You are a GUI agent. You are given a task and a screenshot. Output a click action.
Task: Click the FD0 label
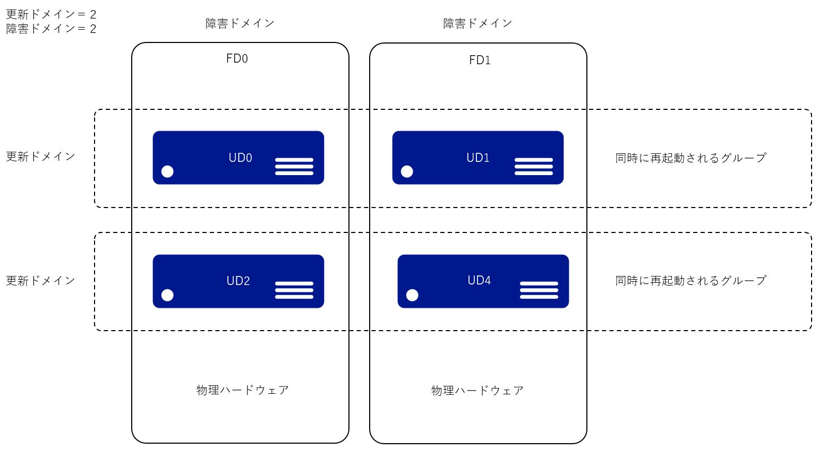pyautogui.click(x=237, y=58)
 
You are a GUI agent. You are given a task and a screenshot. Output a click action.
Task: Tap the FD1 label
pyautogui.click(x=480, y=60)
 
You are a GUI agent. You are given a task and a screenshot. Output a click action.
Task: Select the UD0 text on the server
pyautogui.click(x=240, y=158)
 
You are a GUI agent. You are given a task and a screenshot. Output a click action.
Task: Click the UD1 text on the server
pyautogui.click(x=477, y=158)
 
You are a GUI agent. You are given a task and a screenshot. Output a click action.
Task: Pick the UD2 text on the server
pyautogui.click(x=238, y=281)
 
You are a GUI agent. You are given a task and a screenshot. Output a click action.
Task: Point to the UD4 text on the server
pyautogui.click(x=479, y=280)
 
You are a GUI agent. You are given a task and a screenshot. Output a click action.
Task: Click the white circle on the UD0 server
pyautogui.click(x=167, y=171)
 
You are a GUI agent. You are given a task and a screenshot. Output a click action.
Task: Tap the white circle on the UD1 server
pyautogui.click(x=407, y=171)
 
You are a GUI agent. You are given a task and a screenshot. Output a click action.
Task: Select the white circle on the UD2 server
pyautogui.click(x=167, y=295)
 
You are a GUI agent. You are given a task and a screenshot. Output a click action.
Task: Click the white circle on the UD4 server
pyautogui.click(x=412, y=295)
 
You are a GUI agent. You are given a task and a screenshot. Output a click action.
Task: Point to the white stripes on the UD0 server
pyautogui.click(x=294, y=166)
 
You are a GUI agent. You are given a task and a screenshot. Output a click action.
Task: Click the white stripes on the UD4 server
pyautogui.click(x=539, y=290)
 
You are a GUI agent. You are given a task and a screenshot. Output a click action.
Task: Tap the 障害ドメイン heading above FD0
pyautogui.click(x=240, y=23)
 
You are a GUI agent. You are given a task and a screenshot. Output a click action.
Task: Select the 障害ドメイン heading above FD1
pyautogui.click(x=477, y=23)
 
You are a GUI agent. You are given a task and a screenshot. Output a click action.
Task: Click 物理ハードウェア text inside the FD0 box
pyautogui.click(x=243, y=390)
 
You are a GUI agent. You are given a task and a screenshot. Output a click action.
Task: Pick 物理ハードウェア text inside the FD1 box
pyautogui.click(x=477, y=391)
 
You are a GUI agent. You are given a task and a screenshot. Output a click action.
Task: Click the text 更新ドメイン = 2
pyautogui.click(x=51, y=14)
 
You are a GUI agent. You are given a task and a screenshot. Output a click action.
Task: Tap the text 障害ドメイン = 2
pyautogui.click(x=51, y=29)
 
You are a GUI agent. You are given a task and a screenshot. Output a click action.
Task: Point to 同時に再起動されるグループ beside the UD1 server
pyautogui.click(x=690, y=158)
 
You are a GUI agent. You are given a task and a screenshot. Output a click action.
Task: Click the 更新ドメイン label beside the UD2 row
pyautogui.click(x=40, y=280)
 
